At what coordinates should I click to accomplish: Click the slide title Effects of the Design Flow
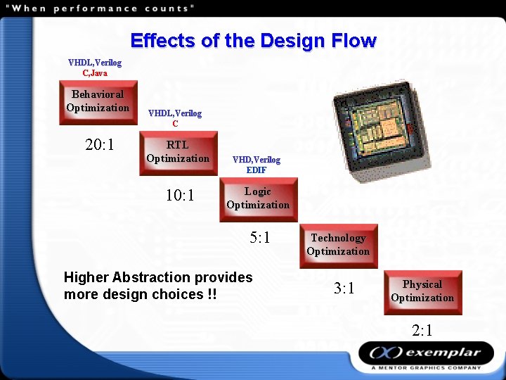pos(253,40)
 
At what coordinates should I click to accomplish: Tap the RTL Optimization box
pos(178,153)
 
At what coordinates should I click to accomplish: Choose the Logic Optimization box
pos(258,199)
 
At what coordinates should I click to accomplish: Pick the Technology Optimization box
pos(338,246)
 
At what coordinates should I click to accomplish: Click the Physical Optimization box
pos(422,292)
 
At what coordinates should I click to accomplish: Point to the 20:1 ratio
pos(100,146)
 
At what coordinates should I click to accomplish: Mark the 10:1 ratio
pos(180,195)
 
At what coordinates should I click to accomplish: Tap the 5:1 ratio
pos(260,238)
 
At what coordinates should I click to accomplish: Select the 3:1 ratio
pos(344,289)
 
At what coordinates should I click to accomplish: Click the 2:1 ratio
pos(422,331)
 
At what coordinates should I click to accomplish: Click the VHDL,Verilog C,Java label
pos(95,68)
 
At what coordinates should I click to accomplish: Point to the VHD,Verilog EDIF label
pos(257,165)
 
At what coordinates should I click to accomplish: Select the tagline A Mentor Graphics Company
pos(427,367)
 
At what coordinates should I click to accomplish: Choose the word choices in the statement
pos(177,294)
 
